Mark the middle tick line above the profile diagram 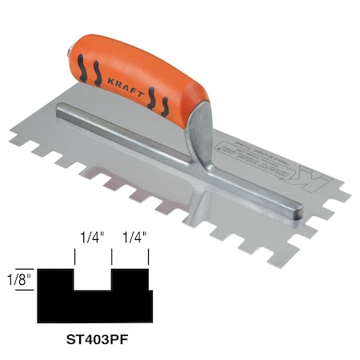(x=111, y=256)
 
